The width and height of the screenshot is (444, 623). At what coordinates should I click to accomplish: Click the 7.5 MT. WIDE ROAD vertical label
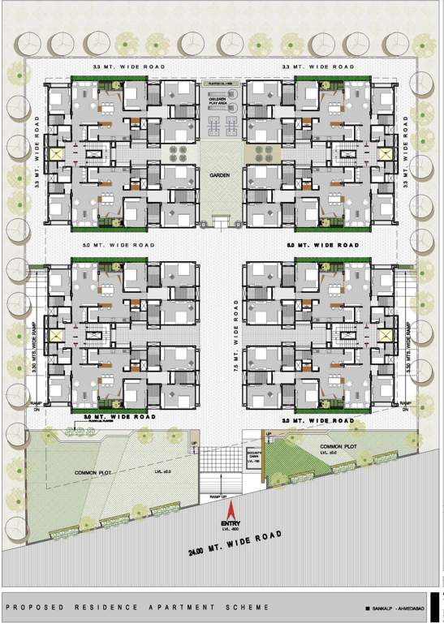pos(235,337)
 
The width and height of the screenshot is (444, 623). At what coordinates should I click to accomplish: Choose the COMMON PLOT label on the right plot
pos(338,446)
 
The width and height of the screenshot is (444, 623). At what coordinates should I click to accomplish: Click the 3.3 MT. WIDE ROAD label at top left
pos(130,66)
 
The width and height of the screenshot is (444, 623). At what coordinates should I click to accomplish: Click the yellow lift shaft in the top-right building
pos(386,153)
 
